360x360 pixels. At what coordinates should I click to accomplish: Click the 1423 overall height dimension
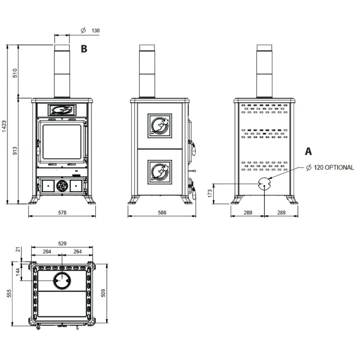pos(4,126)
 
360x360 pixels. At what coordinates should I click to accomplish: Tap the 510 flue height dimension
pos(15,73)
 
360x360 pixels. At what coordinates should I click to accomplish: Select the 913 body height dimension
pos(15,150)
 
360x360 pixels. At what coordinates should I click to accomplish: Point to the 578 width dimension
pos(62,213)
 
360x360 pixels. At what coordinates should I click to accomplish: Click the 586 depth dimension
pos(162,213)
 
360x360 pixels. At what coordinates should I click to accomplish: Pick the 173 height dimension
pos(210,193)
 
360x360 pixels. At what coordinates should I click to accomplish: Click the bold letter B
pos(84,49)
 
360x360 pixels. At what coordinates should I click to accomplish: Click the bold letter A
pos(308,151)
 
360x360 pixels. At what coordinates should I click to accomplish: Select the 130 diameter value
pos(96,31)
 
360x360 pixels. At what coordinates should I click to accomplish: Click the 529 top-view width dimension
pos(62,243)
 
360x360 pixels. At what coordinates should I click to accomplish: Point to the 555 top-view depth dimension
pos(9,293)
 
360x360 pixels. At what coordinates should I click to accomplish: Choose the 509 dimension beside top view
pos(103,293)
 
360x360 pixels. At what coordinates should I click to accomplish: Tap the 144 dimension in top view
pos(18,272)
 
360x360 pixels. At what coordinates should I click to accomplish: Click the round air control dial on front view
pos(62,186)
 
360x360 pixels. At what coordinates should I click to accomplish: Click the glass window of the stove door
pos(62,142)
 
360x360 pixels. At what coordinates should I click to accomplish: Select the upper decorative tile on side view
pos(160,126)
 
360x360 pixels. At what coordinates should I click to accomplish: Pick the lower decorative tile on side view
pos(160,172)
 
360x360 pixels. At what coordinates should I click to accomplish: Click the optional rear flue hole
pos(264,184)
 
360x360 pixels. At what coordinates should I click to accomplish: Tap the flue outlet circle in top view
pos(62,281)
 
